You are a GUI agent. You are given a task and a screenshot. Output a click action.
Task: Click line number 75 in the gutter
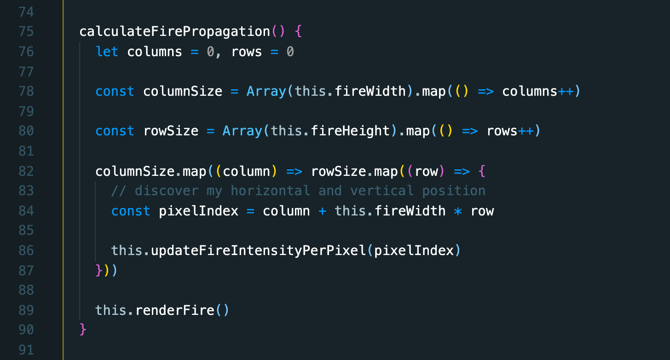click(27, 32)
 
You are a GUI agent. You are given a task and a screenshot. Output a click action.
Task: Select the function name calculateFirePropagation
click(174, 32)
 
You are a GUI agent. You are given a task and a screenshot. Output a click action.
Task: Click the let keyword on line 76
click(107, 52)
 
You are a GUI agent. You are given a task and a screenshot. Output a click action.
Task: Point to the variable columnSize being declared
click(183, 91)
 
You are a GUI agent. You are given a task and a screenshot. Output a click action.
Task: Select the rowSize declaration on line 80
click(171, 131)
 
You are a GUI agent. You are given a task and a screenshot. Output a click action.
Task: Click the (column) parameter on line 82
click(246, 171)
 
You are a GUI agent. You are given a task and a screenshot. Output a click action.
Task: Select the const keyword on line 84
click(131, 211)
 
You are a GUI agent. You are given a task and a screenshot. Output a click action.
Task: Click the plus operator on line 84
click(323, 211)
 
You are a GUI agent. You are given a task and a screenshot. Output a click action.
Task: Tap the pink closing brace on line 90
click(83, 330)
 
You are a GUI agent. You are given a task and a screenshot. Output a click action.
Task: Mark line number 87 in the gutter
click(27, 270)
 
